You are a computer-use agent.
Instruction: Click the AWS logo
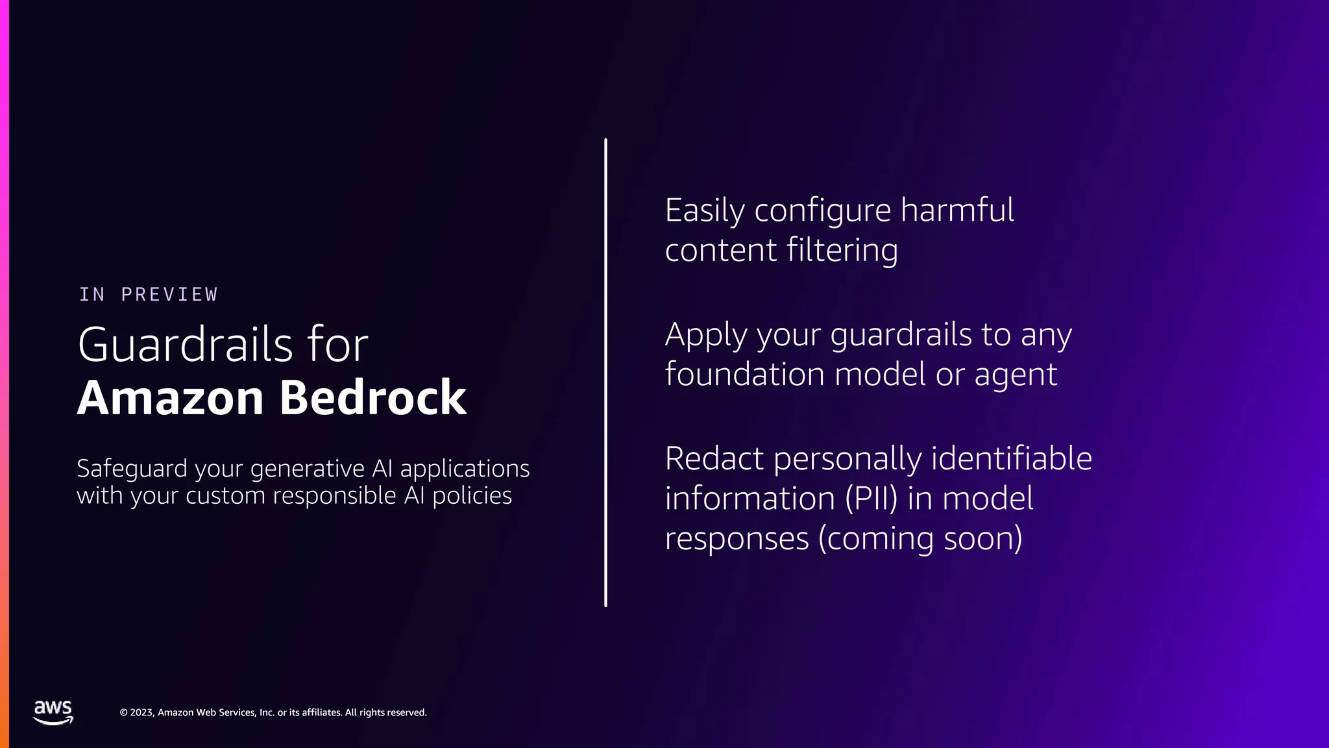coord(53,712)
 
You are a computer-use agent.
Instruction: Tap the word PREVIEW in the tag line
coord(169,295)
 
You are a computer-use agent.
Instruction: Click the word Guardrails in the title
coord(186,344)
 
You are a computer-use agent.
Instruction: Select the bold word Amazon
coord(171,397)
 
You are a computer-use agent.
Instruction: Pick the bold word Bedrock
coord(373,397)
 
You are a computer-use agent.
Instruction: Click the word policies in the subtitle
coord(472,496)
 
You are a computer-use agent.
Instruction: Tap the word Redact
coord(714,459)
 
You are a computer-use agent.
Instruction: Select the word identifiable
coord(1012,459)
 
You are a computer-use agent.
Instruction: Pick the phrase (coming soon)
coord(920,539)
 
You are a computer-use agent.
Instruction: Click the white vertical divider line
coord(605,373)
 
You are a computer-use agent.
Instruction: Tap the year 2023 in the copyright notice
coord(141,712)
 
